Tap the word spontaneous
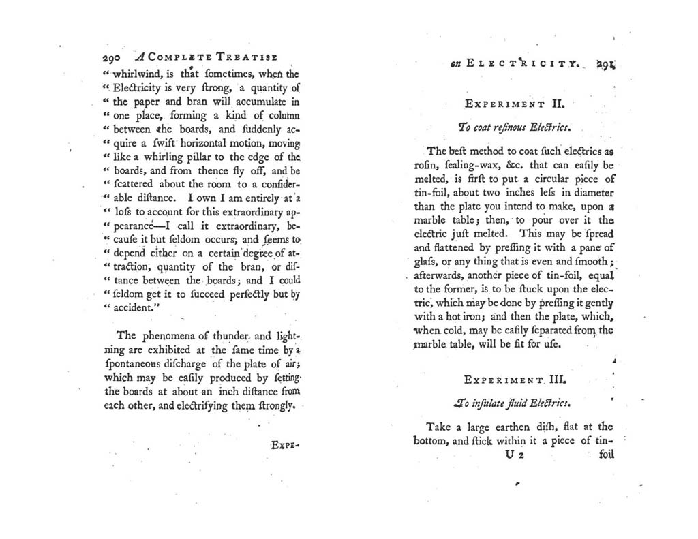point(141,364)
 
